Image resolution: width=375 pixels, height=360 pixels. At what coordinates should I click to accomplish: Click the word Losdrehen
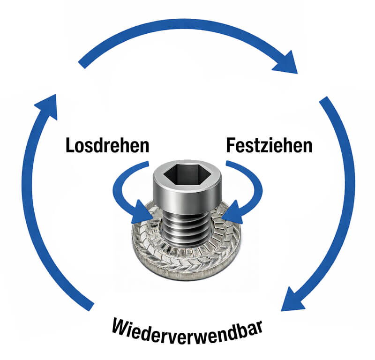[x=108, y=145]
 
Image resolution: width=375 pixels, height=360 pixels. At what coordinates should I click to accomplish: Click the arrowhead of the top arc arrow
[x=286, y=63]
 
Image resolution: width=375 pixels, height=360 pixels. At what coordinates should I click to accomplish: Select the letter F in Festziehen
[x=231, y=145]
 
